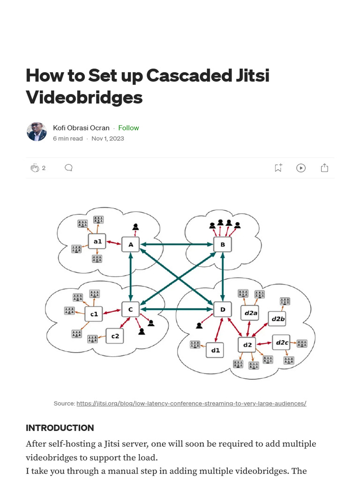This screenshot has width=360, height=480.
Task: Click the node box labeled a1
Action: (x=97, y=242)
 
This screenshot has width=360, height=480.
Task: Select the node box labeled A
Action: (x=131, y=244)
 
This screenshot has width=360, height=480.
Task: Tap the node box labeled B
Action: (x=223, y=244)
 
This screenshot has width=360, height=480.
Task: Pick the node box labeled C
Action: (x=131, y=309)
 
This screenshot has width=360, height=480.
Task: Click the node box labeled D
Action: (x=223, y=309)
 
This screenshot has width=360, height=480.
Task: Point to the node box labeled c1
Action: (x=94, y=314)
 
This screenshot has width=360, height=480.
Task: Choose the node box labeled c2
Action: (x=115, y=336)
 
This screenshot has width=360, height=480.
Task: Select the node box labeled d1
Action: (x=215, y=350)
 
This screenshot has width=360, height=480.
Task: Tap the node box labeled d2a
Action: (x=250, y=313)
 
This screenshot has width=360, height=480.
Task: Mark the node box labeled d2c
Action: (x=282, y=343)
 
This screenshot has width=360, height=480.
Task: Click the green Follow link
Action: (x=128, y=128)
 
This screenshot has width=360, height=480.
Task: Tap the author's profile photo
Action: (x=37, y=132)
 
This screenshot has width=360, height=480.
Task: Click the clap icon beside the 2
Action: (x=35, y=168)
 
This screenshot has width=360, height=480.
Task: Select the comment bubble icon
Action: (x=68, y=168)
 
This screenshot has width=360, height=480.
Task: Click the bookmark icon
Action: (x=278, y=168)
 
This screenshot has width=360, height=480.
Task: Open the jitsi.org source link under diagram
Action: (x=191, y=403)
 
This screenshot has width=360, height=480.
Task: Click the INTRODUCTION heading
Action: (x=60, y=428)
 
